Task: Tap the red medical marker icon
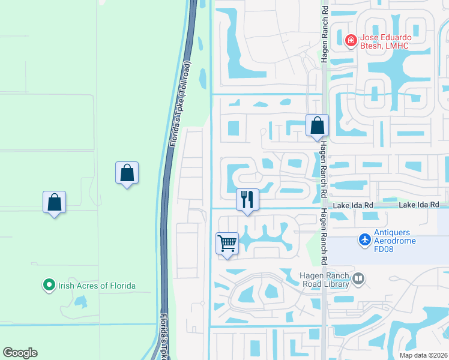point(351,41)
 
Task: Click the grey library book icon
point(358,278)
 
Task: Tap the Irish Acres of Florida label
point(97,286)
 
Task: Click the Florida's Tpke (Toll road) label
point(180,103)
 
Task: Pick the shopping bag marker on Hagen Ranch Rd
point(317,126)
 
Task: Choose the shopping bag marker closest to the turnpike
point(127,173)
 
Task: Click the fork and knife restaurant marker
point(247,199)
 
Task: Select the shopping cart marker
point(227,244)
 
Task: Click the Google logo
point(20,353)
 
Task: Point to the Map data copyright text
point(423,355)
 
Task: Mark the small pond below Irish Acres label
point(80,302)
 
